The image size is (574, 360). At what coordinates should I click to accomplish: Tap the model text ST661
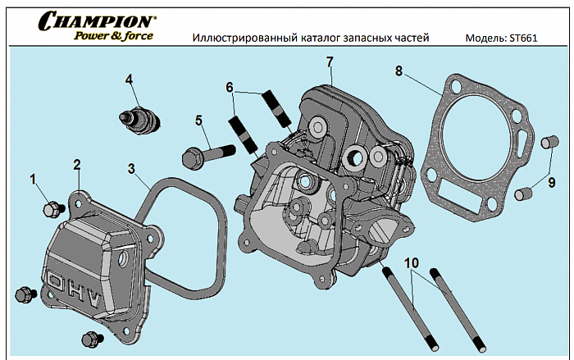click(522, 39)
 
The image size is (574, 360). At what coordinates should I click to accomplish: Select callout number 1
click(34, 178)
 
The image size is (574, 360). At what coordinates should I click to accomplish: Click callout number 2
click(77, 164)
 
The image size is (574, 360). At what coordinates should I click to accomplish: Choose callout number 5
click(198, 120)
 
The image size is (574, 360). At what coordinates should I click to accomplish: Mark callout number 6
click(230, 86)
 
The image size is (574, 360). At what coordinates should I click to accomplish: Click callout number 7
click(329, 62)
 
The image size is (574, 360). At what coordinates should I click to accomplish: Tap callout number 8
click(399, 71)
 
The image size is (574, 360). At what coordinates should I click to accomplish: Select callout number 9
click(552, 182)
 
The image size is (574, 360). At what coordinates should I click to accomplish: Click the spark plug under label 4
click(140, 120)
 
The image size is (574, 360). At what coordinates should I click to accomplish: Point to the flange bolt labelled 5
click(209, 153)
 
